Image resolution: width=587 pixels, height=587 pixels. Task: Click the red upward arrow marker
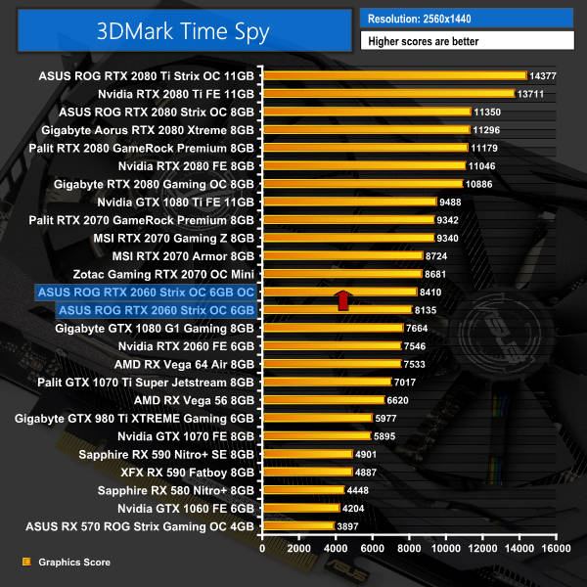[343, 299]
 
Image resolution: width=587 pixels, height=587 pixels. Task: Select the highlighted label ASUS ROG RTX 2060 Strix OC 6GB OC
[145, 292]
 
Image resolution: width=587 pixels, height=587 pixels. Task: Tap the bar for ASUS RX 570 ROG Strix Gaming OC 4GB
[297, 526]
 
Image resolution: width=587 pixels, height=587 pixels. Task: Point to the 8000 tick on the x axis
[409, 550]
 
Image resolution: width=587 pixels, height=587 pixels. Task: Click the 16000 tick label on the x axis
[555, 550]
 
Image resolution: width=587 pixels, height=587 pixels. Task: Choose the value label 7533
[415, 364]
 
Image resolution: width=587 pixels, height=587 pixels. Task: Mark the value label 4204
[353, 509]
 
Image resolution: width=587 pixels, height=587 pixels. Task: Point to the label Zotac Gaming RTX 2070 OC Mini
[163, 274]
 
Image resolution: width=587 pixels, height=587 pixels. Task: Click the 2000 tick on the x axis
[298, 550]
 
